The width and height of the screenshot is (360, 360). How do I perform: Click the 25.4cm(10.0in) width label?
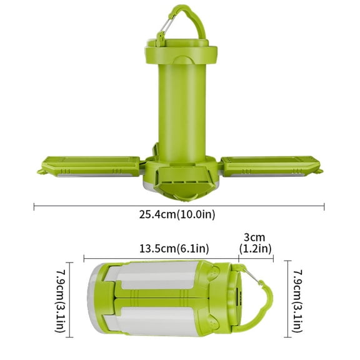[x=178, y=214]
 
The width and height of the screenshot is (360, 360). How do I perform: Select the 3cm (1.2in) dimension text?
[x=255, y=243]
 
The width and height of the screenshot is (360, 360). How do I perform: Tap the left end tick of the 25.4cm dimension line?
[x=34, y=206]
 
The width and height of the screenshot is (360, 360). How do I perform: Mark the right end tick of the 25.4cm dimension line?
[x=324, y=206]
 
